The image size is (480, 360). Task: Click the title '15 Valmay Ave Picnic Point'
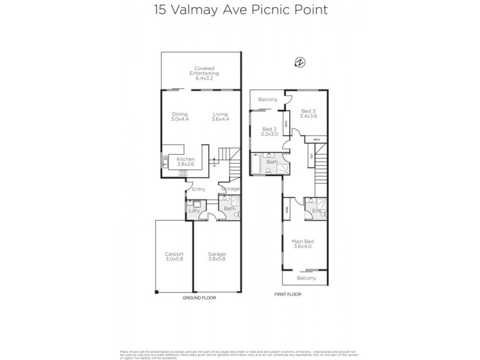(239, 10)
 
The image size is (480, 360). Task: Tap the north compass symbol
(299, 61)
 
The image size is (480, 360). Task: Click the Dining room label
(180, 116)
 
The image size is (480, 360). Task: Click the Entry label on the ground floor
(199, 189)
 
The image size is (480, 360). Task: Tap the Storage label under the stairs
(230, 189)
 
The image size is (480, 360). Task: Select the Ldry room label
(194, 211)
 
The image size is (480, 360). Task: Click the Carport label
(174, 257)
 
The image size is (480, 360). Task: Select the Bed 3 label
(308, 114)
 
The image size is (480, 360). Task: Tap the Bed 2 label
(269, 132)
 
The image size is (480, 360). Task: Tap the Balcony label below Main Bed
(306, 278)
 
